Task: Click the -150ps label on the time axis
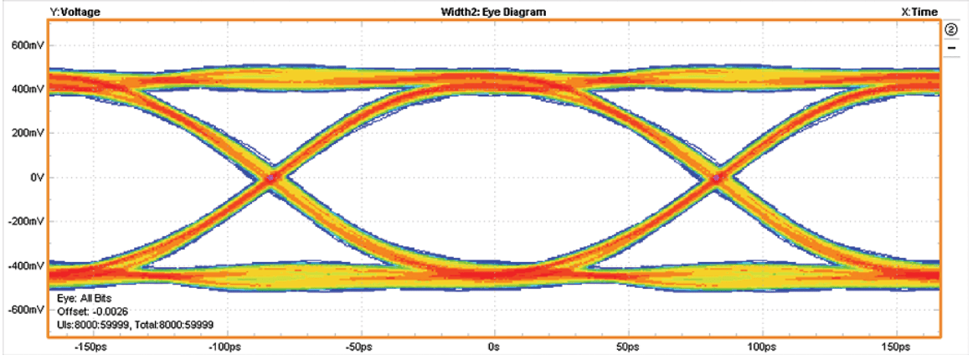90,346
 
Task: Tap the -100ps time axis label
224,346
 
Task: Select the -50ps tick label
359,346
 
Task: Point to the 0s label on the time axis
494,346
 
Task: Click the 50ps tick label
628,346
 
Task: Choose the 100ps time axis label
762,346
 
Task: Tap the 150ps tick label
897,346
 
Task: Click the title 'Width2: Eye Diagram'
493,11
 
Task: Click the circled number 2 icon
952,30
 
